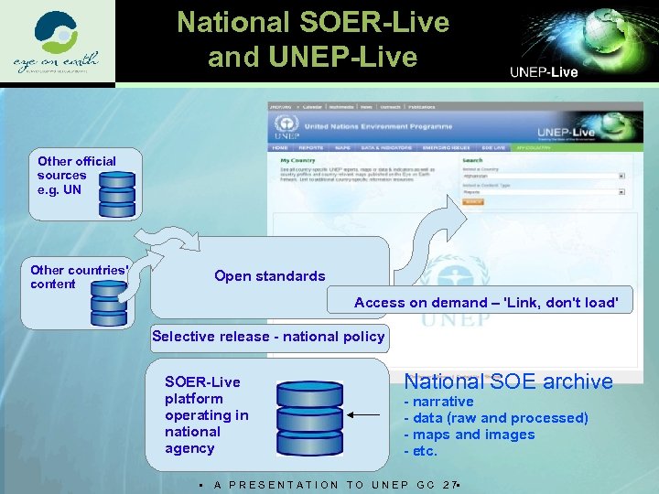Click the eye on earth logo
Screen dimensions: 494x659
coord(58,43)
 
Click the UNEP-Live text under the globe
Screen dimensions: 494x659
coord(543,71)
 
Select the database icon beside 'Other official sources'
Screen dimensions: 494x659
coord(116,188)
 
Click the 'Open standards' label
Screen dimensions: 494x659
coord(269,276)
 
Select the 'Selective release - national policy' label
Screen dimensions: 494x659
coord(268,337)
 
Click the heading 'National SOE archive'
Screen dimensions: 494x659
coord(508,381)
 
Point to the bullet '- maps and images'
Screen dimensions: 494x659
coord(470,435)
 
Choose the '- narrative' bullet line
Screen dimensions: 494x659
coord(439,402)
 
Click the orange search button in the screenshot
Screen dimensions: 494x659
coord(472,202)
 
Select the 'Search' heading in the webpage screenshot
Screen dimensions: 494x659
coord(472,160)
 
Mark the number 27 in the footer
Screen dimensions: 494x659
coord(448,485)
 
